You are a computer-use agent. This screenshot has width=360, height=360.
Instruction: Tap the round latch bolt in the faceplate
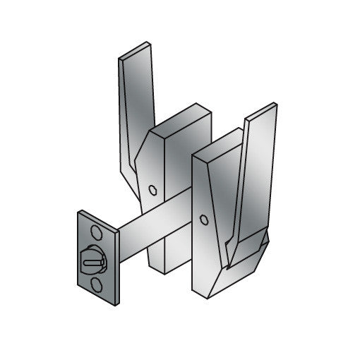point(95,260)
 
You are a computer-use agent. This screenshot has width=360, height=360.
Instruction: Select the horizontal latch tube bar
point(152,228)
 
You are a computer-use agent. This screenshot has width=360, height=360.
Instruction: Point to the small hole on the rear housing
point(154,189)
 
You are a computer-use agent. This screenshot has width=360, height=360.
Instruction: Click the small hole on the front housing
point(204,220)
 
